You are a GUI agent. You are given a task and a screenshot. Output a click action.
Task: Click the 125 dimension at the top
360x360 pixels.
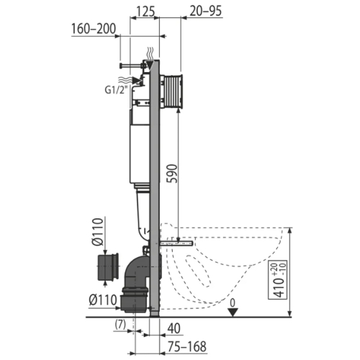144,12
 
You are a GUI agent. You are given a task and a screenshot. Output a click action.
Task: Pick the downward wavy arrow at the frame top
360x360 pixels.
149,53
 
